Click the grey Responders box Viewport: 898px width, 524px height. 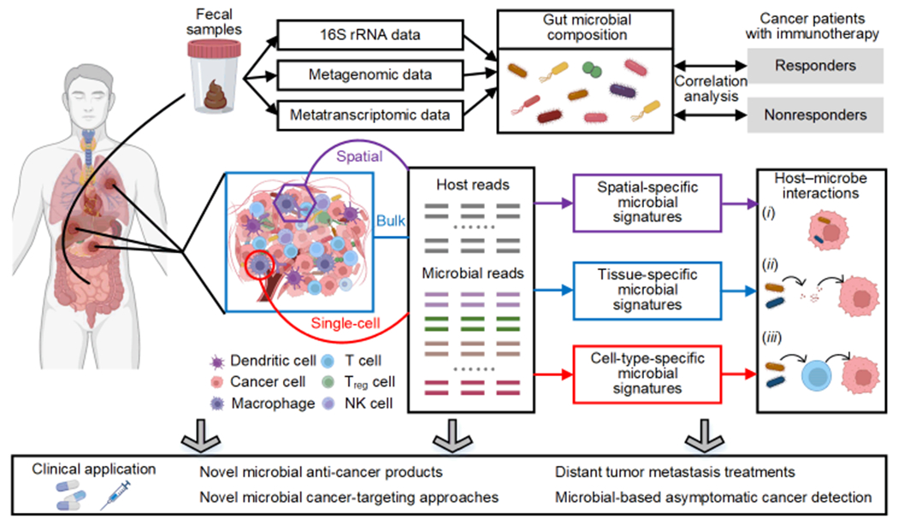coord(814,66)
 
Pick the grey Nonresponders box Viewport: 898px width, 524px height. coord(814,114)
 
